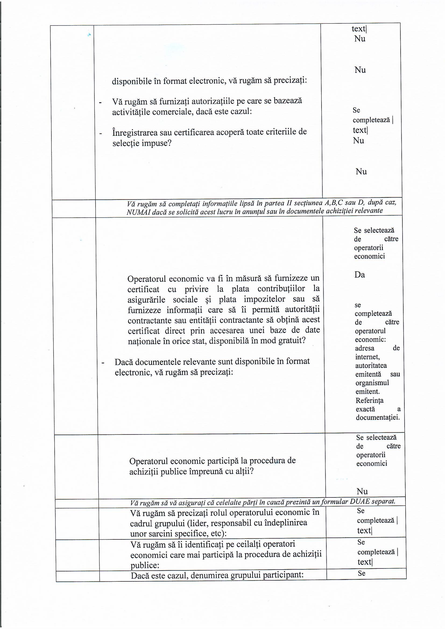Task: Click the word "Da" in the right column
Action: pos(359,274)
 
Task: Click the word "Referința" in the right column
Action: pos(369,401)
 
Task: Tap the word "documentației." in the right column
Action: pos(378,418)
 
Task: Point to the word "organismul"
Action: pos(372,383)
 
